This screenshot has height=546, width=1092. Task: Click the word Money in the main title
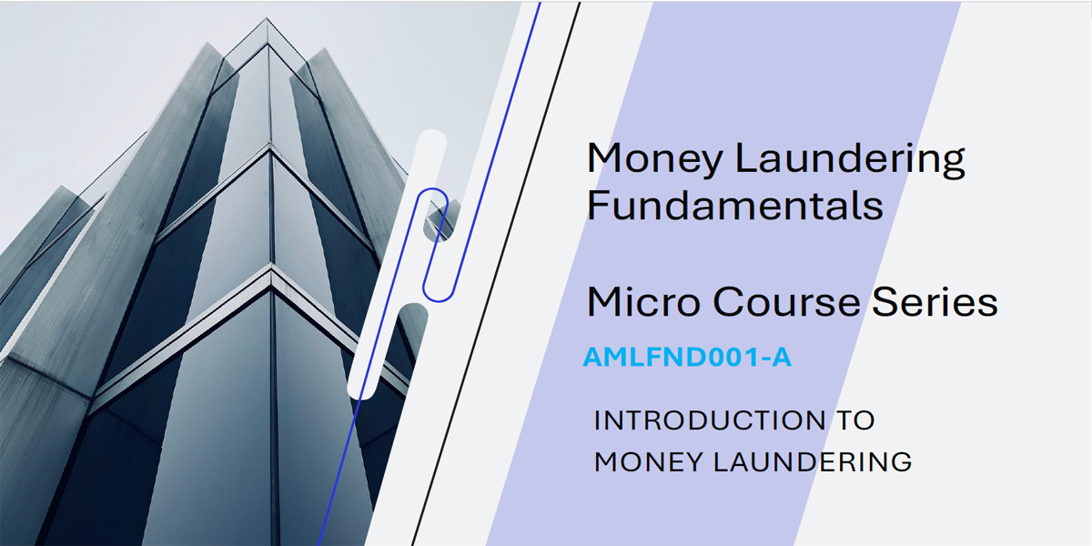(x=654, y=159)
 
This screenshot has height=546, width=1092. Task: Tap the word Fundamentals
(x=734, y=206)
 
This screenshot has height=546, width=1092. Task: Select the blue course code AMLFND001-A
(x=687, y=357)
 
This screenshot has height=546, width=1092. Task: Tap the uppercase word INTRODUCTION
(x=710, y=420)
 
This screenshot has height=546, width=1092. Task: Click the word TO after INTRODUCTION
(x=855, y=420)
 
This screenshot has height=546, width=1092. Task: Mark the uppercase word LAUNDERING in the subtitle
(x=813, y=461)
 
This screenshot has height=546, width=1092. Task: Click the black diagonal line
(x=496, y=274)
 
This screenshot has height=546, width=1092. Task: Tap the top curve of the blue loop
(x=432, y=189)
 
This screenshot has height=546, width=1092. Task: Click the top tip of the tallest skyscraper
(x=266, y=18)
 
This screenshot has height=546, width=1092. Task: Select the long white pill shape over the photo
(x=397, y=264)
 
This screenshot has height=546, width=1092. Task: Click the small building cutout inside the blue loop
(x=442, y=220)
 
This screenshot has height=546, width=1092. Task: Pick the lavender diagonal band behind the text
(x=724, y=274)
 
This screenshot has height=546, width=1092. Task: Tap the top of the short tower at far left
(x=62, y=187)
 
